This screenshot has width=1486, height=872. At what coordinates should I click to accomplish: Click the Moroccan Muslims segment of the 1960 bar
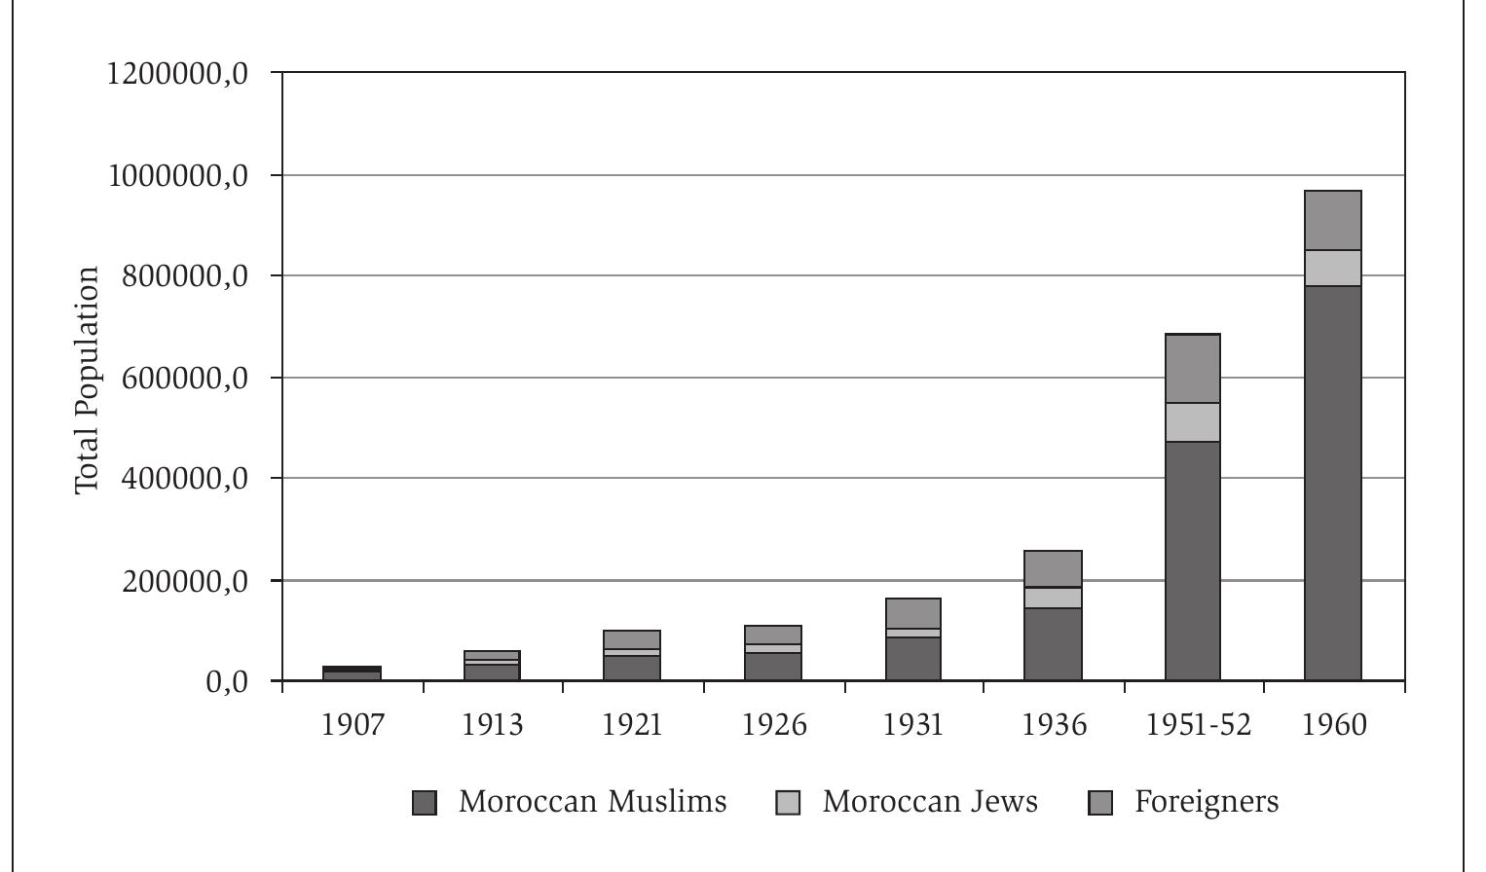(x=1332, y=483)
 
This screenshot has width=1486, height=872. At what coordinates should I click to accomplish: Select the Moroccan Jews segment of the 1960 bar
(x=1332, y=268)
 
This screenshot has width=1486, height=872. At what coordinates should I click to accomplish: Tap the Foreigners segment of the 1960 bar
(x=1332, y=221)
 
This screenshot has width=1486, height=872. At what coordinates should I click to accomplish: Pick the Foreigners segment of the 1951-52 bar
(x=1192, y=369)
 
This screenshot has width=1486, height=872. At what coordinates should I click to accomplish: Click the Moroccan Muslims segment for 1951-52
(x=1192, y=561)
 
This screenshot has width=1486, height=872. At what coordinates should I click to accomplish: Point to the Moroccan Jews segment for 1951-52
(x=1192, y=422)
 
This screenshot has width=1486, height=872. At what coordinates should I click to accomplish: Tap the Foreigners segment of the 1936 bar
(x=1053, y=569)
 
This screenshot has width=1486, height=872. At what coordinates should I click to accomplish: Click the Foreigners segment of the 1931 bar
(x=912, y=613)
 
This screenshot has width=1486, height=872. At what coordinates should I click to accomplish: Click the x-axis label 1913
(x=492, y=725)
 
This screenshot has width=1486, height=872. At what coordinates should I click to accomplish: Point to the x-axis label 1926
(x=774, y=725)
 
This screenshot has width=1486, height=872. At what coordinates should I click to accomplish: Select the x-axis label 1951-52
(x=1198, y=725)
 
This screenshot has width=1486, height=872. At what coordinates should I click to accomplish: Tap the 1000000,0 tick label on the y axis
(x=177, y=175)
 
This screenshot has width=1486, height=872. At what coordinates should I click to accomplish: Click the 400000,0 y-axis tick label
(x=177, y=479)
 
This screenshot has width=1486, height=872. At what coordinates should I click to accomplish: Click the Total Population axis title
(x=88, y=380)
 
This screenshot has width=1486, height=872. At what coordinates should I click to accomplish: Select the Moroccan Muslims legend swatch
(x=425, y=803)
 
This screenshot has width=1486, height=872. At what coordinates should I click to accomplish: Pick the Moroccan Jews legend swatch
(x=788, y=803)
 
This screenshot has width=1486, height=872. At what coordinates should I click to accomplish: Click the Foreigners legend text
(x=1206, y=801)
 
